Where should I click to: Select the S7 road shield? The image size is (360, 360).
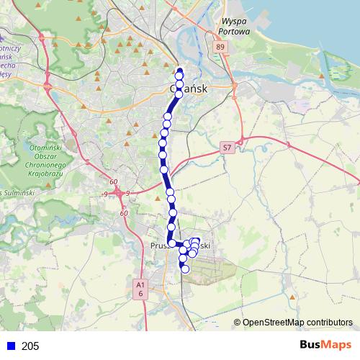227,147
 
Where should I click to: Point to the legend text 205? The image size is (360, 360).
30,346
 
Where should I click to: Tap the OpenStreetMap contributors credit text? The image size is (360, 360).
297,322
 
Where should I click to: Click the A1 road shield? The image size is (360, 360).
140,285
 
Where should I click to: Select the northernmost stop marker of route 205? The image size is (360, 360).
179,71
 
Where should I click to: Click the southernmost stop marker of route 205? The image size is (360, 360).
185,269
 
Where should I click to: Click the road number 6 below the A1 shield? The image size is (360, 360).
141,294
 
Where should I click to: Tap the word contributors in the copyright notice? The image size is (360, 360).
328,322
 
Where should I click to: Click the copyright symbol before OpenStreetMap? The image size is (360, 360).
238,323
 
